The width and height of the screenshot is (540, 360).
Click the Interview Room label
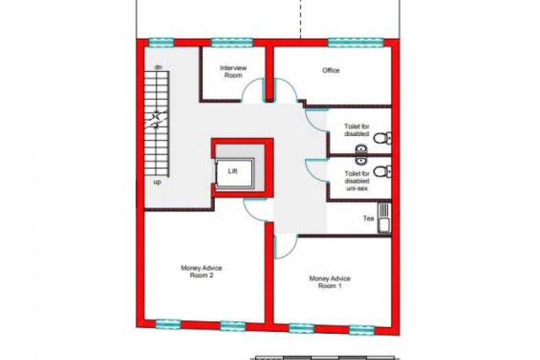click(x=233, y=71)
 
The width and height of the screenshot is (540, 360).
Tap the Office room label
click(x=330, y=70)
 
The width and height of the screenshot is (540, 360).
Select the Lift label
click(x=232, y=171)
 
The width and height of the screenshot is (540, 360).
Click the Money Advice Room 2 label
click(x=201, y=271)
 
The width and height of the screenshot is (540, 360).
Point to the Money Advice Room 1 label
click(x=330, y=282)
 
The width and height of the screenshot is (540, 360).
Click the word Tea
click(x=368, y=218)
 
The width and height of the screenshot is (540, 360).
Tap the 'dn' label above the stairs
click(x=158, y=67)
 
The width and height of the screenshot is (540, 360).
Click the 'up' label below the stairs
click(x=157, y=182)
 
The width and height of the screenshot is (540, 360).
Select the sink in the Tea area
click(x=384, y=218)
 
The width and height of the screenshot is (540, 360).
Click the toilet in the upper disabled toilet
click(x=382, y=138)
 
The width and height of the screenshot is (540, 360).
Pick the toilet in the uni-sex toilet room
click(x=382, y=171)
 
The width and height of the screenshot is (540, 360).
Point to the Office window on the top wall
click(x=355, y=43)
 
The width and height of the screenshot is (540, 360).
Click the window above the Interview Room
click(x=232, y=43)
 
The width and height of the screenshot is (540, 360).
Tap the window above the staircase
click(x=161, y=43)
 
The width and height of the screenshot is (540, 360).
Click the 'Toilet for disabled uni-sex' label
click(x=357, y=181)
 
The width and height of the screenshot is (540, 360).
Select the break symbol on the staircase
click(x=156, y=119)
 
